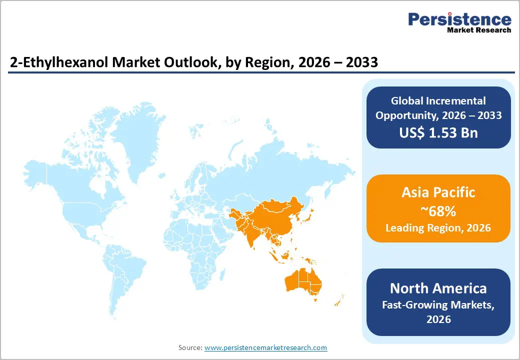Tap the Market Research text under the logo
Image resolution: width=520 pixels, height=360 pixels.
478,30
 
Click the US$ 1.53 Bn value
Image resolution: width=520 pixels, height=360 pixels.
438,132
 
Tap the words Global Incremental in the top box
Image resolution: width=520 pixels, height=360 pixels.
438,101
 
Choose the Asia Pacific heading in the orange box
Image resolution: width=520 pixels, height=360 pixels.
438,192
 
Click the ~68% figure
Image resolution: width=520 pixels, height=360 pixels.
438,211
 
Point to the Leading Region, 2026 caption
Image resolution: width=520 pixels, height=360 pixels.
438,228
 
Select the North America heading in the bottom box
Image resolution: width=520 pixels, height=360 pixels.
438,288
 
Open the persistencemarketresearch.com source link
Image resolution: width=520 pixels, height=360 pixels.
266,347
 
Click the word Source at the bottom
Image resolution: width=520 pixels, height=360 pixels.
190,347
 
